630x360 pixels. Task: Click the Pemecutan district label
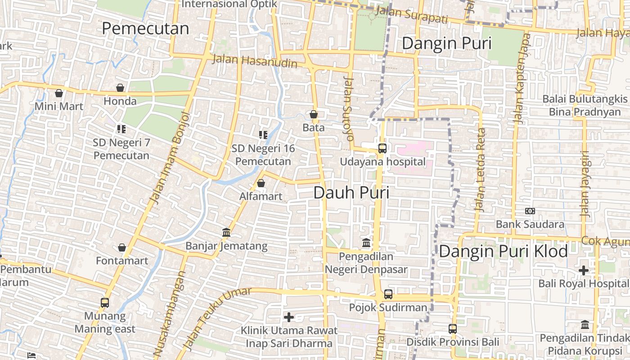point(145,28)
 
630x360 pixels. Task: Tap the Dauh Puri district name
point(351,193)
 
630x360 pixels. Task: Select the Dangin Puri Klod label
point(503,251)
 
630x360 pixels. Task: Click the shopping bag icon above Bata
point(314,114)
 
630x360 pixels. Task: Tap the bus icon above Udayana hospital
point(382,148)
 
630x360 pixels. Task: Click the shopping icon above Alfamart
point(261,183)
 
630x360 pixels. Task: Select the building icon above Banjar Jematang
point(226,233)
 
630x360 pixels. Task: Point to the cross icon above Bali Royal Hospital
point(584,270)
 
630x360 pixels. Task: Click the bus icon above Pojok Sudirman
point(388,294)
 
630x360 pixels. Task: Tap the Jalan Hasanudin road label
point(254,61)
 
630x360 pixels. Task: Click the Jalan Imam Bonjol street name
point(171,157)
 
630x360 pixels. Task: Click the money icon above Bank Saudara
point(530,211)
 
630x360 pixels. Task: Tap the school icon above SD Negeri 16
point(263,135)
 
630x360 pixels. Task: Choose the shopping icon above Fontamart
point(121,247)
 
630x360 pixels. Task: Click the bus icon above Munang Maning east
point(105,303)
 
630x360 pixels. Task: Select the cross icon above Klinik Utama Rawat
point(289,317)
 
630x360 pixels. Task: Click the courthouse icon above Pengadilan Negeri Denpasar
point(366,243)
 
